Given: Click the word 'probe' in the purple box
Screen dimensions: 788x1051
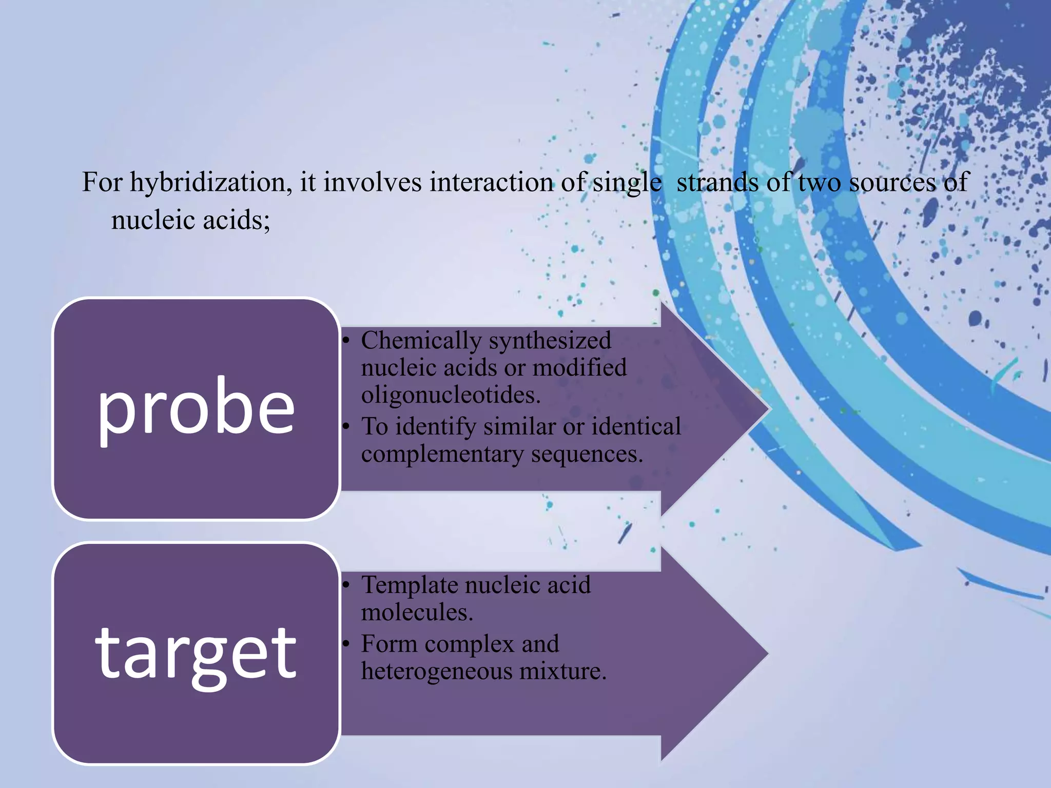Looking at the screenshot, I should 196,409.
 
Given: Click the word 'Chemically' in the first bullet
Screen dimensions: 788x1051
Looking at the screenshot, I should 421,341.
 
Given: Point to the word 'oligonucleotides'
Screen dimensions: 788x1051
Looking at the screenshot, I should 451,395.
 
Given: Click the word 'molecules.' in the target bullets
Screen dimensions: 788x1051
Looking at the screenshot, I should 417,612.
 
